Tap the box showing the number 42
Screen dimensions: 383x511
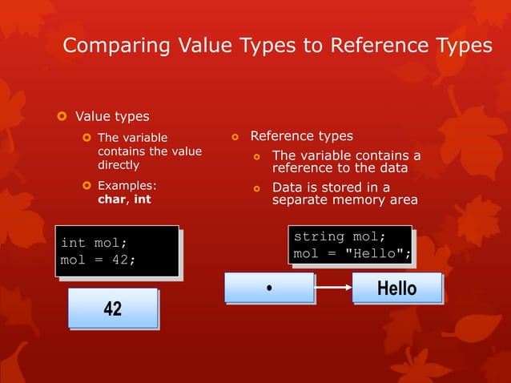pyautogui.click(x=112, y=308)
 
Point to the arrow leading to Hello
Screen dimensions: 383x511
pyautogui.click(x=333, y=287)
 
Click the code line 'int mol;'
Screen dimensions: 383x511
pyautogui.click(x=94, y=242)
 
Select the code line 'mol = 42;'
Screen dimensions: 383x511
pyautogui.click(x=98, y=260)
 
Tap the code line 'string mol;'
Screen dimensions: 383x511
pyautogui.click(x=340, y=237)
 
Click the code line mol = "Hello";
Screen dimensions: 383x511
pyautogui.click(x=352, y=255)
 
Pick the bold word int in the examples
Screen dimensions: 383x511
pyautogui.click(x=142, y=200)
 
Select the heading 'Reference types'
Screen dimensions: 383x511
pyautogui.click(x=301, y=136)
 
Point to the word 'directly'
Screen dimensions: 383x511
pyautogui.click(x=119, y=165)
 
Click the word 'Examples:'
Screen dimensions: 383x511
pyautogui.click(x=127, y=186)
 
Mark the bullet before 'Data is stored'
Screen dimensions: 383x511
pyautogui.click(x=257, y=188)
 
